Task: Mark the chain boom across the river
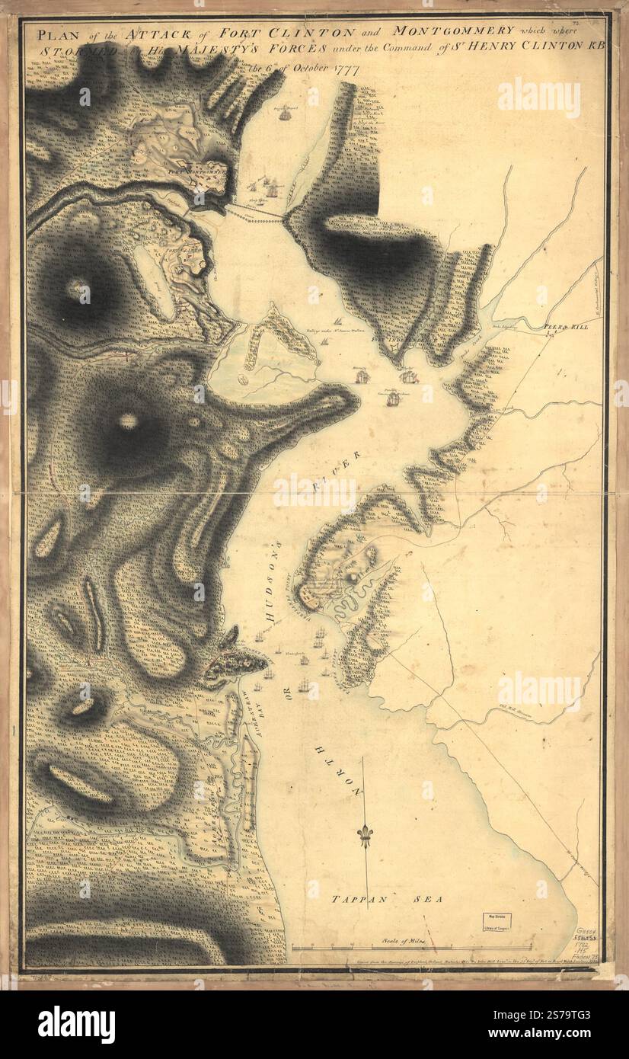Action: [x=255, y=214]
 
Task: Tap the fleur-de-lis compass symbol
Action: [x=364, y=837]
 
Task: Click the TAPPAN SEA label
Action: [x=388, y=900]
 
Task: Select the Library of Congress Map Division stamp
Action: [x=494, y=923]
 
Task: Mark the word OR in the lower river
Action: [x=287, y=694]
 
